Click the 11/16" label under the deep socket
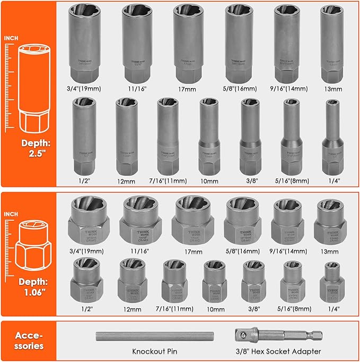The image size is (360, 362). [x=137, y=91]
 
